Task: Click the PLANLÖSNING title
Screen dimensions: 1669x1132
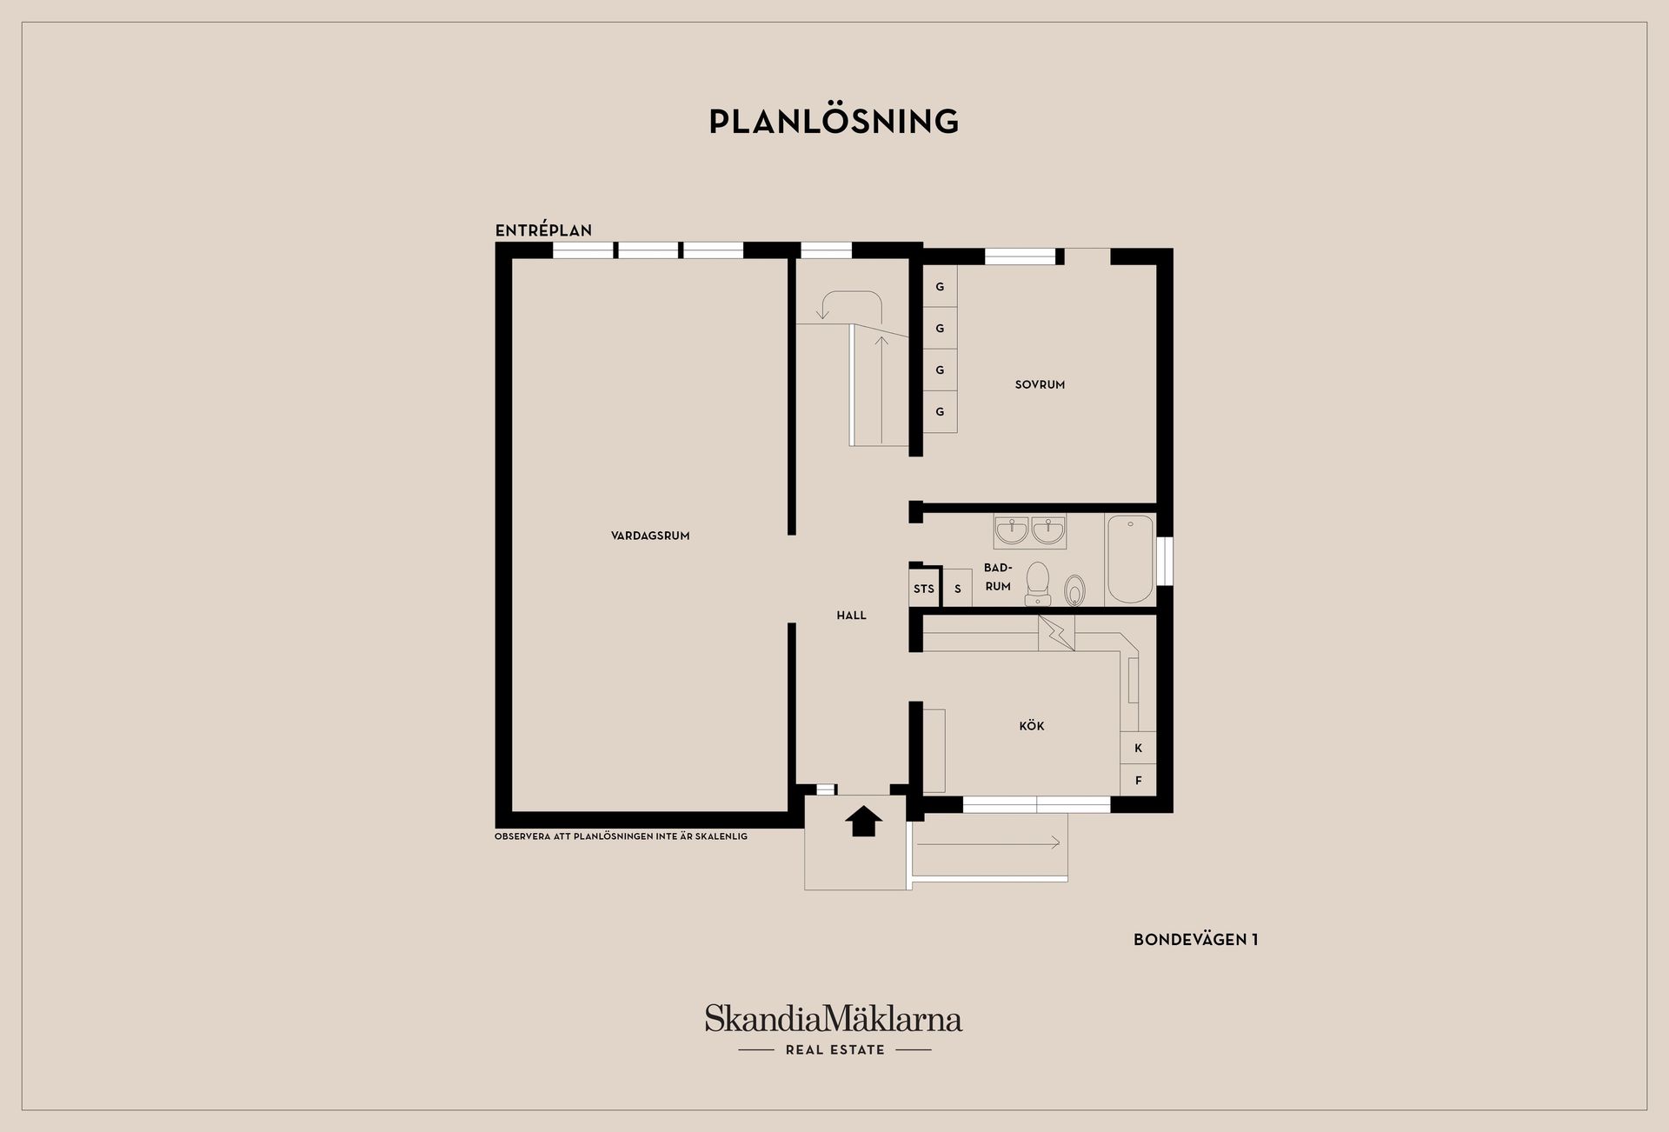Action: click(834, 122)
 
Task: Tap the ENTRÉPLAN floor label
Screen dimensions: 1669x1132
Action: click(543, 230)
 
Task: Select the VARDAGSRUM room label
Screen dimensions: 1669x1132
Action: click(650, 536)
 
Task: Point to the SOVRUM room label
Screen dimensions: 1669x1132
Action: click(1040, 384)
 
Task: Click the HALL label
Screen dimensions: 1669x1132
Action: click(852, 616)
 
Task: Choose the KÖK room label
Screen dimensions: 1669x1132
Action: click(1032, 725)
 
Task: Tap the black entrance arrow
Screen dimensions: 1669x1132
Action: click(863, 821)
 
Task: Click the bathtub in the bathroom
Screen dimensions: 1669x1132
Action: click(1130, 559)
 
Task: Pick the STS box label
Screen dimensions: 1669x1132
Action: click(923, 589)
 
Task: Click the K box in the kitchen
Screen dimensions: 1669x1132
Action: click(1138, 748)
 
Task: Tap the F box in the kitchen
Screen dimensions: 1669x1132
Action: click(1138, 780)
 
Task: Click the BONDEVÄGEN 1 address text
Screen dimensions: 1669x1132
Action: click(1196, 939)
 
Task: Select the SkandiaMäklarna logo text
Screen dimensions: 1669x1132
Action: click(834, 1018)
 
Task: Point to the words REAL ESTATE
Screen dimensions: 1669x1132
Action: click(834, 1050)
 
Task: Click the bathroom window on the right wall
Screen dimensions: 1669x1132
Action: click(1165, 561)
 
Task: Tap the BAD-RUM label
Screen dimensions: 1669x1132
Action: click(998, 577)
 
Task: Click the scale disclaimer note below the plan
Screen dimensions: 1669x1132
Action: click(621, 836)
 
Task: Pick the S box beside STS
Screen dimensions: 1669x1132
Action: click(958, 589)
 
